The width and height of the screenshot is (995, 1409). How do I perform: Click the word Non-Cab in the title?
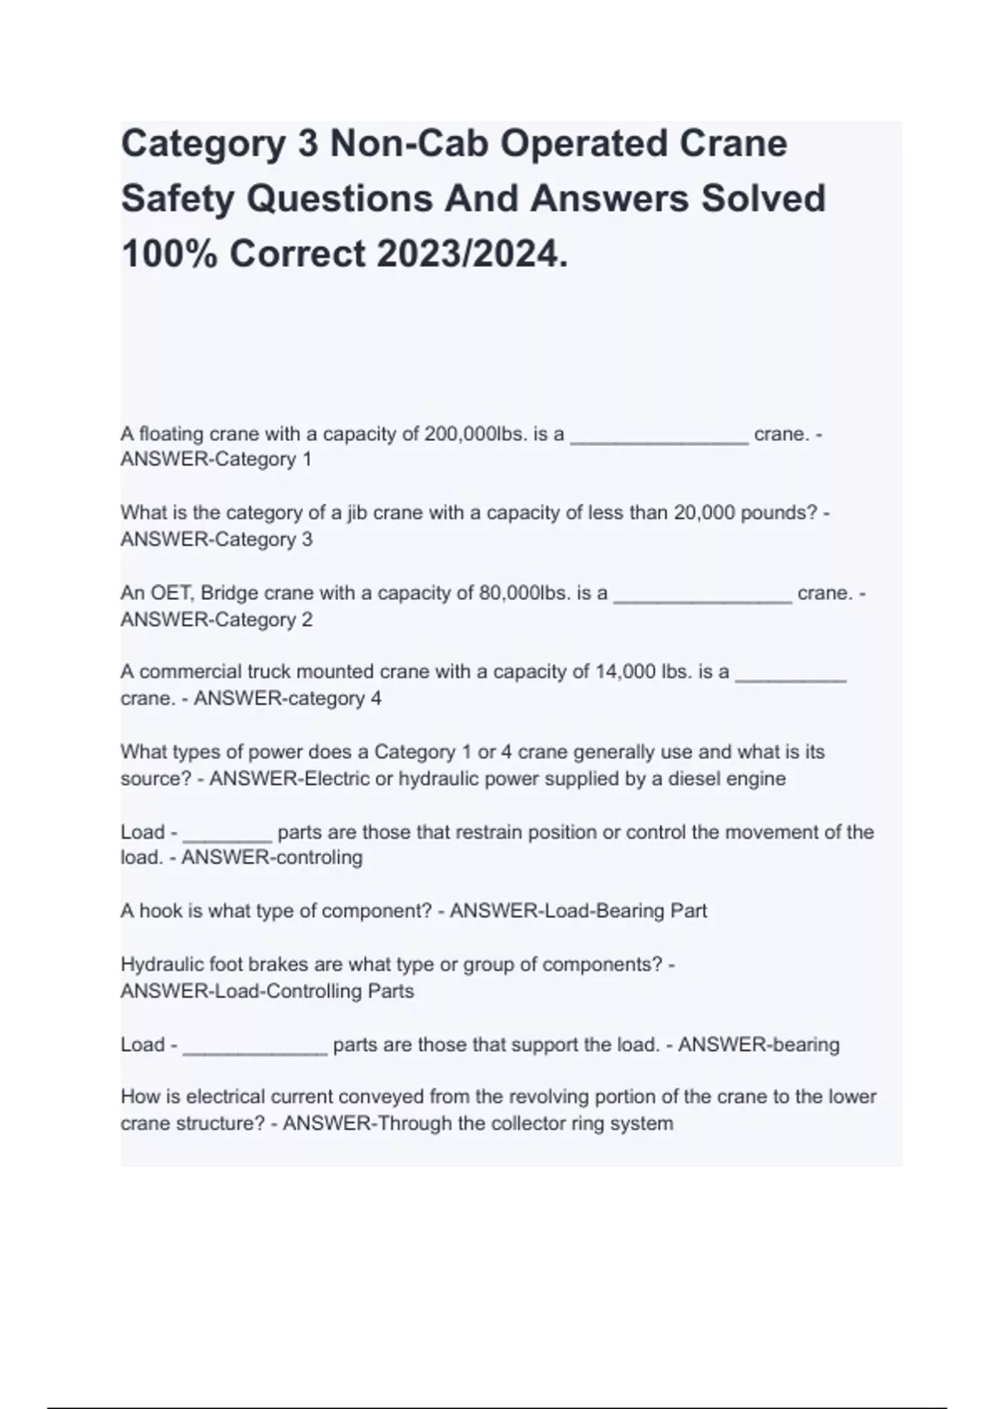407,143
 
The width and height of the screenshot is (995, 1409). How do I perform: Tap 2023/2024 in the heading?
469,254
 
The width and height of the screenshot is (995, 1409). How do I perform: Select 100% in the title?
169,254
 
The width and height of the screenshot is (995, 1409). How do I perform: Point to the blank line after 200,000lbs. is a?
659,439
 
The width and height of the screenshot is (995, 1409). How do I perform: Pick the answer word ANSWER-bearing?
759,1045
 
